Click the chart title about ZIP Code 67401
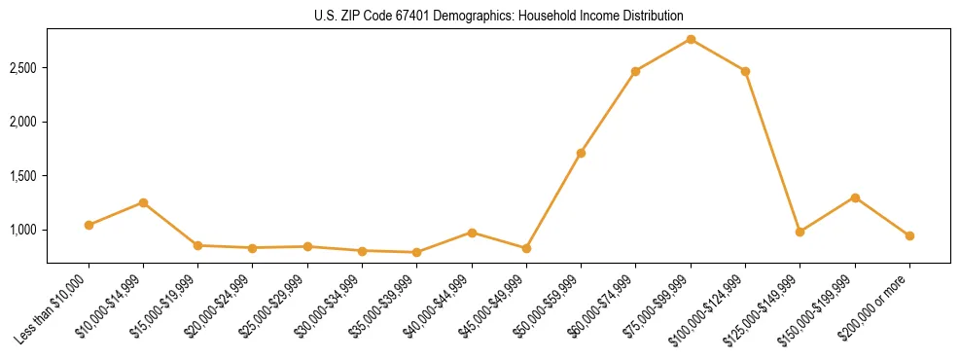pyautogui.click(x=499, y=16)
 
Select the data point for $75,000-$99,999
pyautogui.click(x=691, y=39)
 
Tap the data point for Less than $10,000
pyautogui.click(x=89, y=225)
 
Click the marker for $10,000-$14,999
pyautogui.click(x=143, y=202)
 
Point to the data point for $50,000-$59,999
pyautogui.click(x=581, y=153)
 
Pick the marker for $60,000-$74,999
pyautogui.click(x=635, y=71)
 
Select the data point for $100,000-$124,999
pyautogui.click(x=745, y=71)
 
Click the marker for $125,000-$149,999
pyautogui.click(x=800, y=232)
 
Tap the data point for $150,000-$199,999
pyautogui.click(x=855, y=198)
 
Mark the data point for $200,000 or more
pyautogui.click(x=909, y=235)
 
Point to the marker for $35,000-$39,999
pyautogui.click(x=416, y=252)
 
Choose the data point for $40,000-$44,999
pyautogui.click(x=472, y=233)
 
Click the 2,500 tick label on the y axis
pyautogui.click(x=23, y=68)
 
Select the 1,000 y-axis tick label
pyautogui.click(x=23, y=230)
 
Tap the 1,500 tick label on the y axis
pyautogui.click(x=23, y=176)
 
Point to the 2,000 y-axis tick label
pyautogui.click(x=23, y=122)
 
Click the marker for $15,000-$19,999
pyautogui.click(x=197, y=245)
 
